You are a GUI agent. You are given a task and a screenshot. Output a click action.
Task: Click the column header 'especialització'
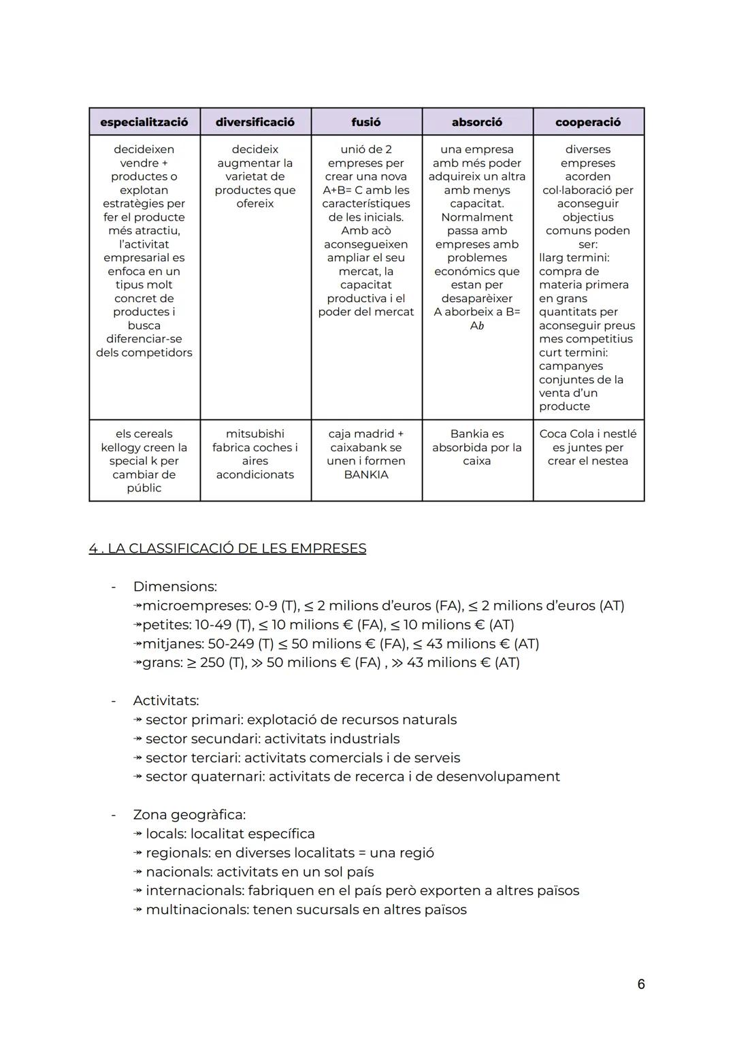point(144,123)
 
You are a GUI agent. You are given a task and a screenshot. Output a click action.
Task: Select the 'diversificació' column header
point(255,123)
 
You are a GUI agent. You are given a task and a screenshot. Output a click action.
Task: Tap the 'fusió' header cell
point(366,123)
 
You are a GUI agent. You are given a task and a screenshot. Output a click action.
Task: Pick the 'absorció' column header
point(477,123)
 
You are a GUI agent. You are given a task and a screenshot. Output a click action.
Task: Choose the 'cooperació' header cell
point(588,123)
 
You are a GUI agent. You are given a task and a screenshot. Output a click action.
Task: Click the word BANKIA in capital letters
point(366,474)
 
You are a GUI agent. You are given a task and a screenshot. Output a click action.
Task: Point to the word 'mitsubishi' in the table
point(255,434)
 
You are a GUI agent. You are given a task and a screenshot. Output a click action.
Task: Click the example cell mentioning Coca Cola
point(588,447)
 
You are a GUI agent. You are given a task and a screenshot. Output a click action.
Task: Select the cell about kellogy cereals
point(144,461)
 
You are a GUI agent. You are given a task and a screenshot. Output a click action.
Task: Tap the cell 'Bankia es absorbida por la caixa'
point(477,447)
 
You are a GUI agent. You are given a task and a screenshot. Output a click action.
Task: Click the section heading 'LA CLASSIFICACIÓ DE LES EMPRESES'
point(237,549)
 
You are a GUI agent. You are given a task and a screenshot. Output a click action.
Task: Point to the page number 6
point(641,984)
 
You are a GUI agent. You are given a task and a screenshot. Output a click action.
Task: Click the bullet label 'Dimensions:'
point(175,587)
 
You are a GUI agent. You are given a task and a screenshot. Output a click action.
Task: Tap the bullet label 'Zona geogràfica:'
point(189,815)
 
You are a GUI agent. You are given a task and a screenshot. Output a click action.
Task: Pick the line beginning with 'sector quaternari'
point(353,777)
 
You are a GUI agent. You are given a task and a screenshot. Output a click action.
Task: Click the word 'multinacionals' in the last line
point(197,910)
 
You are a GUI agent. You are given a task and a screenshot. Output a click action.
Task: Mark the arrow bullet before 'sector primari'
point(138,720)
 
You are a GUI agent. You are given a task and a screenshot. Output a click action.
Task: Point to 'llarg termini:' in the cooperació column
point(574,258)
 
